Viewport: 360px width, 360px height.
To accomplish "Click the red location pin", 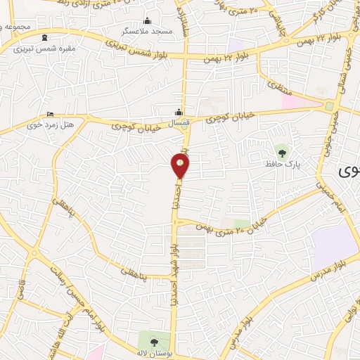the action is click(181, 165).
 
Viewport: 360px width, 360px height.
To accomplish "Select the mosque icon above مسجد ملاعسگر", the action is click(148, 20).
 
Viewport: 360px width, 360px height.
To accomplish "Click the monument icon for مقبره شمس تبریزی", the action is click(46, 37).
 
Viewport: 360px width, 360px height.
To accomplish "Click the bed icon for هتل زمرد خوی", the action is click(50, 114).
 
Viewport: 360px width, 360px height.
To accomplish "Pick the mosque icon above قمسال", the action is click(179, 112).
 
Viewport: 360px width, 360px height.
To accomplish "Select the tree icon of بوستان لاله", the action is click(154, 342).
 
